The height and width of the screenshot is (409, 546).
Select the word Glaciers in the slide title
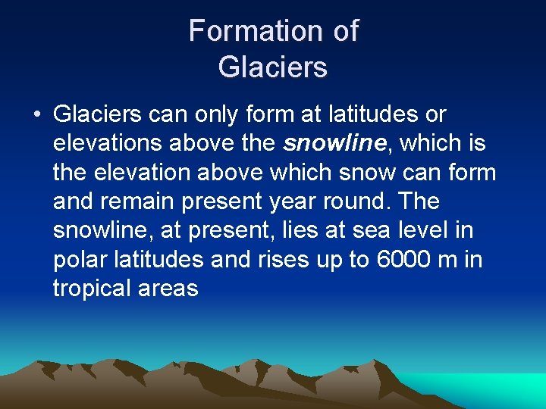coord(273,67)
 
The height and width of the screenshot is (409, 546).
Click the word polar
coord(81,259)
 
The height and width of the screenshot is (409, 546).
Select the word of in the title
coord(345,31)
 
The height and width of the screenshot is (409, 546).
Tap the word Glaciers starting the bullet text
coord(98,114)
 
